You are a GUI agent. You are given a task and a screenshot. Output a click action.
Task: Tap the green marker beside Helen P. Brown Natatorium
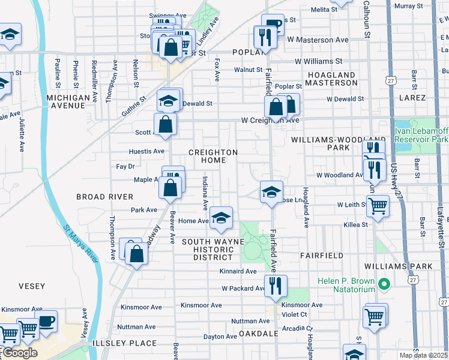387,283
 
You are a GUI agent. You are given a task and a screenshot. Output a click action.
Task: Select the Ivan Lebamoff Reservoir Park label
421,135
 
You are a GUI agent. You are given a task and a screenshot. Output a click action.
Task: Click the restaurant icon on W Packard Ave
276,286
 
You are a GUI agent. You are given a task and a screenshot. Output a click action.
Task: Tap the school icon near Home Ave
221,219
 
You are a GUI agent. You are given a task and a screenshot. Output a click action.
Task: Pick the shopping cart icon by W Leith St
378,207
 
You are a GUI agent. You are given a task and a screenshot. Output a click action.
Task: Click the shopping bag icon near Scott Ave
165,124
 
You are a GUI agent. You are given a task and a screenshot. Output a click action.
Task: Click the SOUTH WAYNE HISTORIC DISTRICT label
205,249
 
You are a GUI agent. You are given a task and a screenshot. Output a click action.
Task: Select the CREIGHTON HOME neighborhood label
213,156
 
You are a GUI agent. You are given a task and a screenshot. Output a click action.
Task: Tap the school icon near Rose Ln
271,192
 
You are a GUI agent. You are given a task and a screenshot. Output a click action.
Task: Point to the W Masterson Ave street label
318,40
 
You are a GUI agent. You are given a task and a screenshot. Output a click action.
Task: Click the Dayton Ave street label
217,337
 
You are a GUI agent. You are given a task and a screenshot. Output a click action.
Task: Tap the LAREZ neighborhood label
411,98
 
